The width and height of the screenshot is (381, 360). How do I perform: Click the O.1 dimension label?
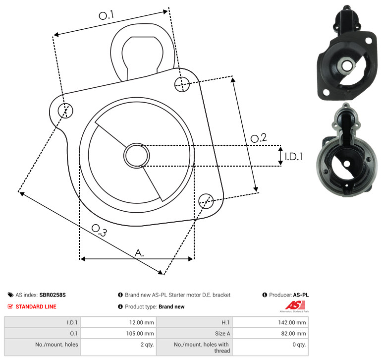pos(107,15)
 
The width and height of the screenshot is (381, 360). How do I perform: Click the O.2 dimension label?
pos(259,138)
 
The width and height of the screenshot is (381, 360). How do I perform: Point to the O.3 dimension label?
pos(99,230)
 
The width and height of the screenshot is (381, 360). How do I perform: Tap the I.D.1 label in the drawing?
pos(294,157)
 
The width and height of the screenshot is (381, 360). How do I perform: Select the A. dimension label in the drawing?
pos(139,253)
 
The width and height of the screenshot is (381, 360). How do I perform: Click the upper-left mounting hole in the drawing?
pos(65,111)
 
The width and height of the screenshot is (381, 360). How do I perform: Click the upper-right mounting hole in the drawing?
pos(182,84)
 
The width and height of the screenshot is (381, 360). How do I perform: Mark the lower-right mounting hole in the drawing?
pos(206,201)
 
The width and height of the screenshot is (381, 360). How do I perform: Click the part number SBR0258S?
pos(53,295)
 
